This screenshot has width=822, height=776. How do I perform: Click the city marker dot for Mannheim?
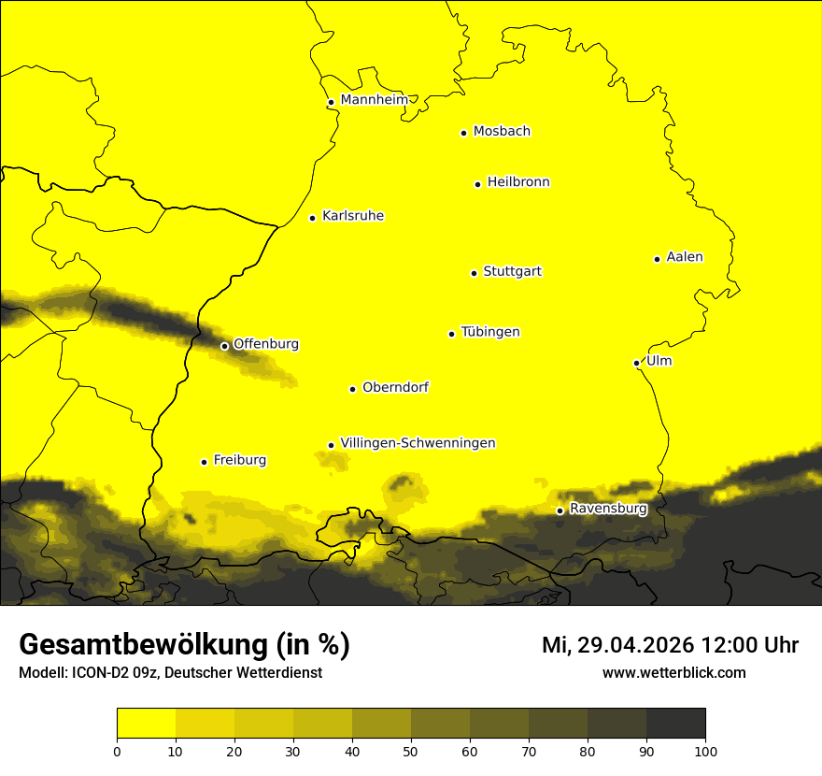331,103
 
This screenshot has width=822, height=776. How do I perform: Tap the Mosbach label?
502,132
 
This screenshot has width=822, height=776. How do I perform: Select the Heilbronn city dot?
477,184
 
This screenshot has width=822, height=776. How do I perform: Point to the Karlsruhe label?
353,216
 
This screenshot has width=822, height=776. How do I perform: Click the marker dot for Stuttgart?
474,273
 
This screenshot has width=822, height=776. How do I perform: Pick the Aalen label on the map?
685,257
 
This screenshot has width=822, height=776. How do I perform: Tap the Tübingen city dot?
451,334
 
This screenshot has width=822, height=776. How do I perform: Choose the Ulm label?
659,361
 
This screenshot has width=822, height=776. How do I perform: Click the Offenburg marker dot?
224,346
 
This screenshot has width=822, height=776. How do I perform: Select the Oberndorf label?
395,387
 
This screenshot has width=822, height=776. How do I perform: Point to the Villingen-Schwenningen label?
418,443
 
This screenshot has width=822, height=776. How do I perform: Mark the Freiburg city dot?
204,462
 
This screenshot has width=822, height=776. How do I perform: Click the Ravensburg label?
608,509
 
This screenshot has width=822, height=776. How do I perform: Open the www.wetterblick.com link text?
673,672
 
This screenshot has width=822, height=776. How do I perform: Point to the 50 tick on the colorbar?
411,750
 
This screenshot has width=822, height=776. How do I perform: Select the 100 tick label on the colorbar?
705,750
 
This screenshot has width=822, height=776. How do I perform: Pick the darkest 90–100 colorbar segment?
675,724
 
